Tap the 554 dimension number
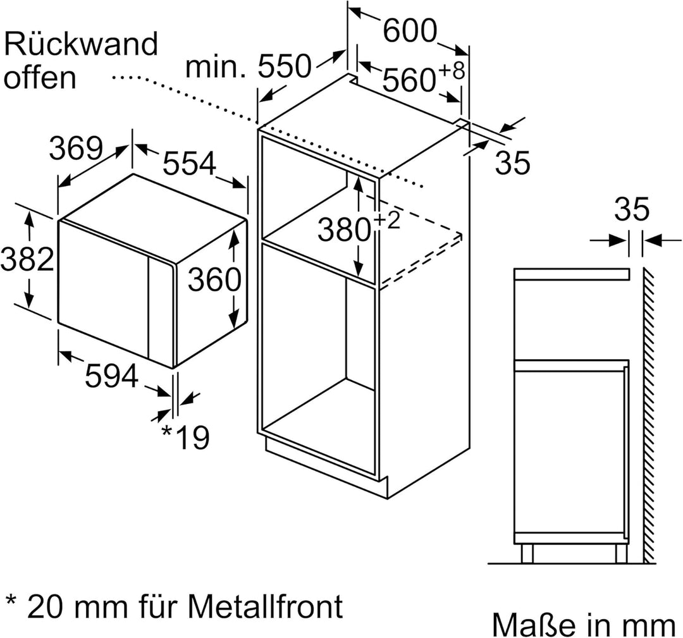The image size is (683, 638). (x=189, y=164)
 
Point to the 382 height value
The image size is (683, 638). (x=27, y=259)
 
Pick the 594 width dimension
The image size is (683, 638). (x=111, y=378)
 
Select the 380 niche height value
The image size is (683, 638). (x=344, y=230)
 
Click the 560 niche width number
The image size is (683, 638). (x=408, y=81)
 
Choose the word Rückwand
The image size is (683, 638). (x=80, y=45)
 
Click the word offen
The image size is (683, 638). (x=40, y=77)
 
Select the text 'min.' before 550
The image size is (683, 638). (x=216, y=66)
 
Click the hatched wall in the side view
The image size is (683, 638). (x=651, y=411)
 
